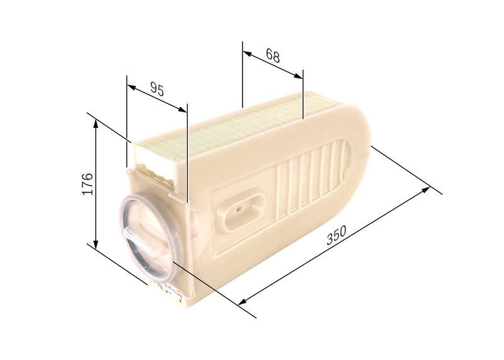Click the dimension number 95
[157, 90]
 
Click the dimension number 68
[273, 55]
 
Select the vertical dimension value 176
[88, 183]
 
